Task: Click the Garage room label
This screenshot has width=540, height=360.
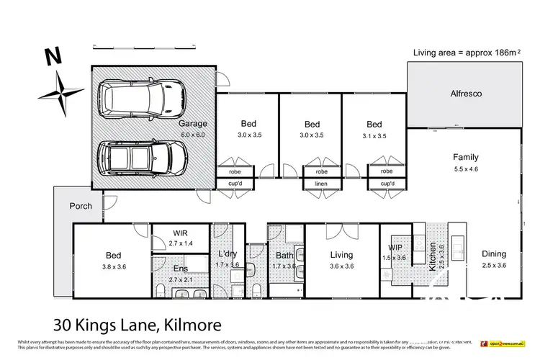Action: (192, 124)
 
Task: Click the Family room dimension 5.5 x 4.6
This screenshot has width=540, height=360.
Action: (465, 168)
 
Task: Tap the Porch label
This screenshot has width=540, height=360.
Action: (80, 206)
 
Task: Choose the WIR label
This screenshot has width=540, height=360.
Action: (180, 233)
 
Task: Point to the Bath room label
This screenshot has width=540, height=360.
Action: (284, 255)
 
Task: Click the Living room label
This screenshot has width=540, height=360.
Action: (341, 255)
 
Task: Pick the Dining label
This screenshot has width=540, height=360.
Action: (494, 254)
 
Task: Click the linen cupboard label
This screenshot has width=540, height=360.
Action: (321, 184)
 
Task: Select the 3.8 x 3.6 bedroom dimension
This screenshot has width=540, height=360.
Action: (114, 266)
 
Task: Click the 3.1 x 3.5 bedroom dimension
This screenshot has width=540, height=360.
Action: (374, 135)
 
